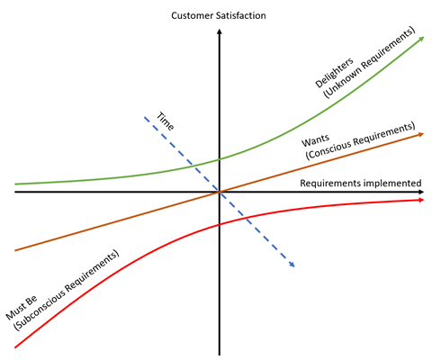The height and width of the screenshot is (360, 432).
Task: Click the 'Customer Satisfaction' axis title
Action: tap(219, 15)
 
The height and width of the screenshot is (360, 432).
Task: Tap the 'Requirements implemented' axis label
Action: tap(361, 184)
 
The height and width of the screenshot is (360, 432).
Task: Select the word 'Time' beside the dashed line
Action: tap(166, 121)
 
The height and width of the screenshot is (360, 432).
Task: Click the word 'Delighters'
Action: tap(334, 73)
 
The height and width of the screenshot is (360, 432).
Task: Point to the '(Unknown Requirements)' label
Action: tap(369, 62)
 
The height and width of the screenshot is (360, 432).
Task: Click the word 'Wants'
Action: tap(315, 140)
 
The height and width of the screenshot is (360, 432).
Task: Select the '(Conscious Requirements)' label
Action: tap(360, 140)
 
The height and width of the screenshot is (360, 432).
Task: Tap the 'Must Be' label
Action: tap(22, 307)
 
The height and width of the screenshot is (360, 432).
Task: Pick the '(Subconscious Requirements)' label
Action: tap(67, 290)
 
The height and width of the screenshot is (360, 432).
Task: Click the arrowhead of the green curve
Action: tap(421, 39)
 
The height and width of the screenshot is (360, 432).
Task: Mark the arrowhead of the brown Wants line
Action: tap(421, 135)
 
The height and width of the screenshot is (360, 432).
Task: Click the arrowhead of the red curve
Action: tap(421, 200)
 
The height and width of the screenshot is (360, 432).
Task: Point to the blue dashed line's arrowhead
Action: tap(292, 265)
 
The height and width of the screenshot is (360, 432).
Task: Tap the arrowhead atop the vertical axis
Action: tap(220, 31)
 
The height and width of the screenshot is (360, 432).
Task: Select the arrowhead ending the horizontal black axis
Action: tap(421, 192)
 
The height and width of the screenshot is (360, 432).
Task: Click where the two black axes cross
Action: tap(220, 192)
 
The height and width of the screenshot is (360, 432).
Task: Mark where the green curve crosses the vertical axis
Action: tap(220, 159)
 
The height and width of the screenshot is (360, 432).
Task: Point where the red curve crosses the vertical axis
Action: tap(220, 224)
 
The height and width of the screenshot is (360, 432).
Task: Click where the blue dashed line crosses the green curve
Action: tap(193, 166)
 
